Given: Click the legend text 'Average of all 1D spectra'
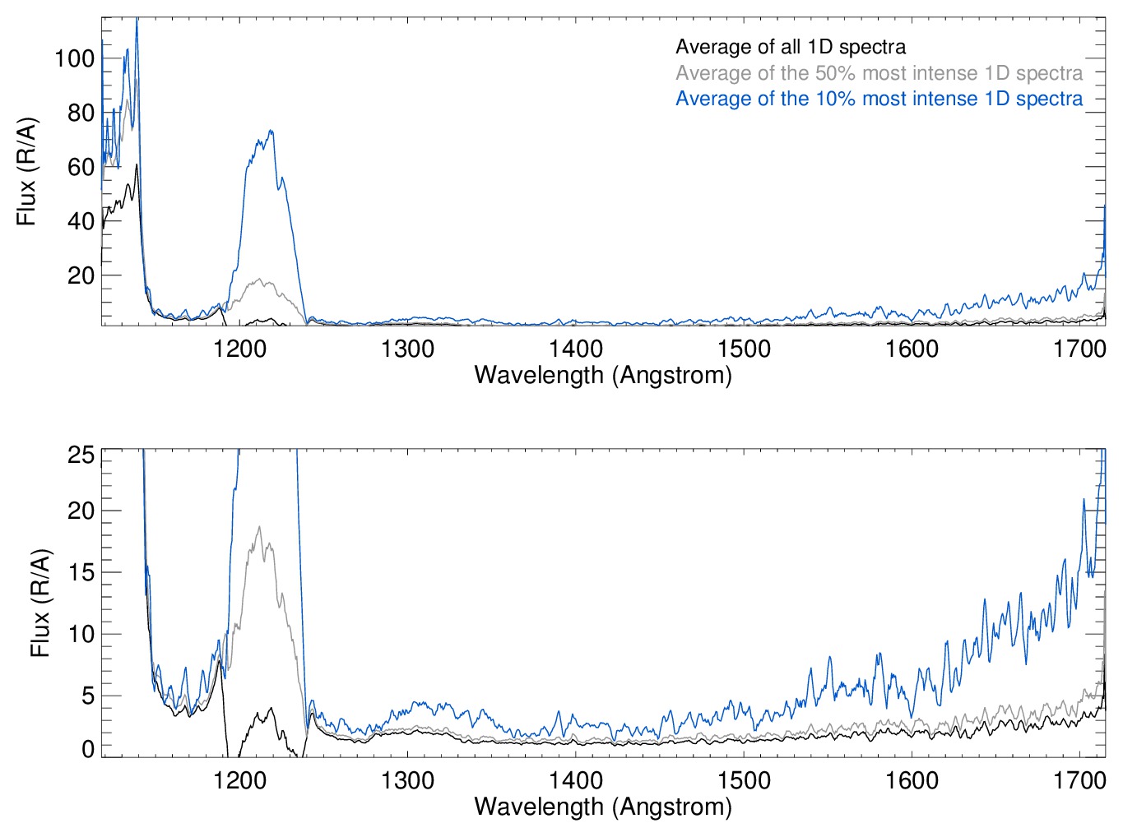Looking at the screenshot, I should click(790, 47).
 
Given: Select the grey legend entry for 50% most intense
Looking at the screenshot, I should click(879, 73).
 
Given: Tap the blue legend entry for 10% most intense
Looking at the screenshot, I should click(879, 99).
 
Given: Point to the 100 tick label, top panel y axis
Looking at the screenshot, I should click(74, 58).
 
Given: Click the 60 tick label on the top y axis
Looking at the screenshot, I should click(81, 167).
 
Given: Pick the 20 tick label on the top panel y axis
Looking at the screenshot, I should click(81, 275).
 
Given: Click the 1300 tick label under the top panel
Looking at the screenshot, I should click(408, 349).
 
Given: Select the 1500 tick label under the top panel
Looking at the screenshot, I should click(744, 349).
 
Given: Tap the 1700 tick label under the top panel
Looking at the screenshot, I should click(1079, 349).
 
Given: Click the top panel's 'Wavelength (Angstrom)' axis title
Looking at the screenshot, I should click(603, 375).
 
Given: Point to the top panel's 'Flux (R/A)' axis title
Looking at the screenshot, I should click(27, 172).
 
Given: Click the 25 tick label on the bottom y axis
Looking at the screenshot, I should click(81, 455).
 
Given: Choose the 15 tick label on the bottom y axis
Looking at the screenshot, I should click(81, 572).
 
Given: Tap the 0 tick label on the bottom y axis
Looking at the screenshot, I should click(88, 749).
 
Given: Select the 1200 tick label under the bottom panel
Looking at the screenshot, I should click(239, 779).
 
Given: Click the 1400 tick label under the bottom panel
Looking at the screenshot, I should click(576, 779).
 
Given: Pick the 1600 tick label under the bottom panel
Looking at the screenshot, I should click(912, 779).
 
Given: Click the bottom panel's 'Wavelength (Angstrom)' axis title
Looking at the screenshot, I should click(603, 806).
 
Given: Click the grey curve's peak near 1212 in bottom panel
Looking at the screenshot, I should click(260, 527).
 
